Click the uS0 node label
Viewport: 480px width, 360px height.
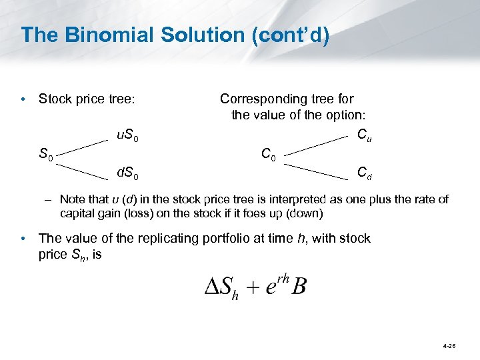(x=127, y=137)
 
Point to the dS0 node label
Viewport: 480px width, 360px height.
(x=127, y=175)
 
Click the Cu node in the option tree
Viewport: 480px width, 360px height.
(x=364, y=136)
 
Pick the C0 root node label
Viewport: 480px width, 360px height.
(x=269, y=155)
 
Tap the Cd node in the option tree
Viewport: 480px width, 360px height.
(x=364, y=174)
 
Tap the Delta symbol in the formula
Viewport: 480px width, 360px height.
(x=212, y=287)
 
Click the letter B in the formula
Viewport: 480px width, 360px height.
(x=299, y=286)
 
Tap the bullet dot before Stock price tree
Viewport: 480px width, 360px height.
(x=24, y=100)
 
